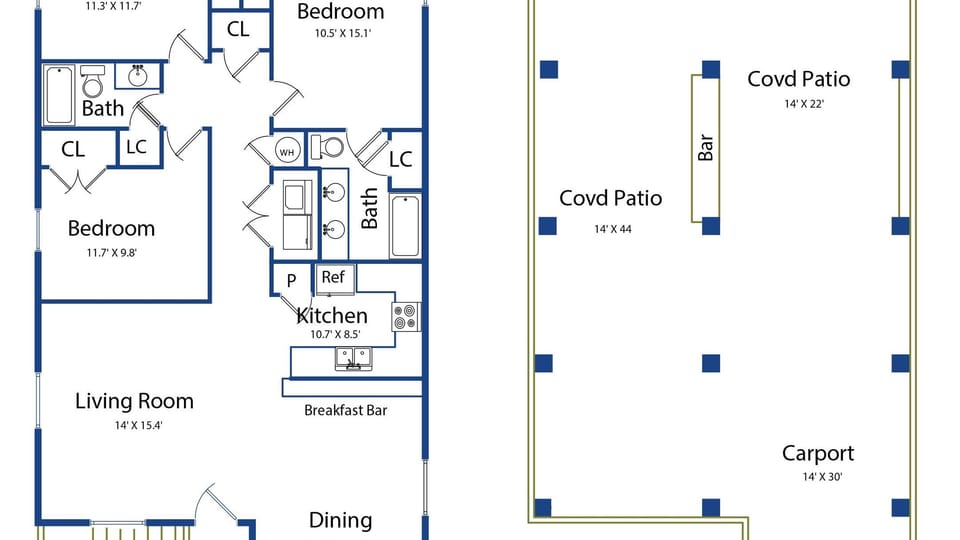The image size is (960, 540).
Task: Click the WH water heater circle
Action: click(287, 152)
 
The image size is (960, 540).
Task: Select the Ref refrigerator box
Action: click(333, 277)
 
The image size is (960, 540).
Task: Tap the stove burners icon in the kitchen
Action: click(405, 318)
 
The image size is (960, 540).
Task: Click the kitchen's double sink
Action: click(352, 359)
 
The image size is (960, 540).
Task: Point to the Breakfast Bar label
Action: click(345, 410)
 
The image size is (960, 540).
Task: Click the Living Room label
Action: click(134, 401)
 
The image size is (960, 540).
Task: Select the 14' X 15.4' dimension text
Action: click(134, 425)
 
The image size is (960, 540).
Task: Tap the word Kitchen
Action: click(331, 316)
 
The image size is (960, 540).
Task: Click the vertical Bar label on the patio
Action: click(706, 148)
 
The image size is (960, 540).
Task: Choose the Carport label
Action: click(818, 453)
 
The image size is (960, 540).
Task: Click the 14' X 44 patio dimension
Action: click(612, 229)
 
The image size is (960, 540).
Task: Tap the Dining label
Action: click(340, 520)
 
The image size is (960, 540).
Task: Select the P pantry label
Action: click(291, 281)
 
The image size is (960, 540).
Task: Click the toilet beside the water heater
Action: click(327, 147)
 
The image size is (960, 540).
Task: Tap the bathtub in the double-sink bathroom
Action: click(405, 227)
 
